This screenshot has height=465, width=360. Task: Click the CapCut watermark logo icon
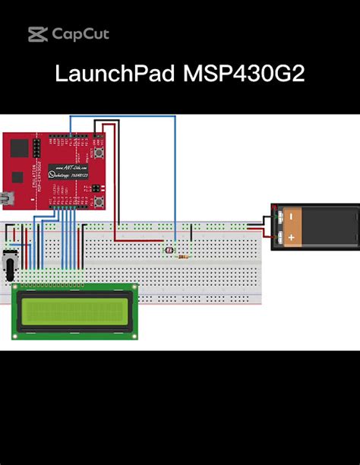(38, 34)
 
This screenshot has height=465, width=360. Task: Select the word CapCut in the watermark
(81, 34)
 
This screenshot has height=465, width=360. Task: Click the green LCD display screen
(74, 312)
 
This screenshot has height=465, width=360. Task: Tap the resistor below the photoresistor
(182, 257)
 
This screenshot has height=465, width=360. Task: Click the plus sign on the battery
(291, 237)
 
